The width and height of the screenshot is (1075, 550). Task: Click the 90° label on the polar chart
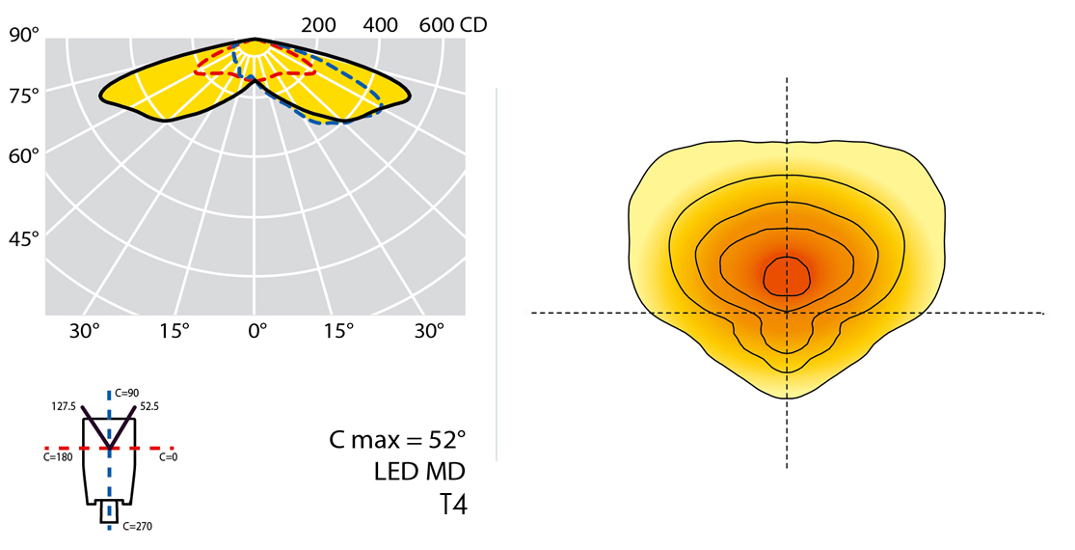point(23,36)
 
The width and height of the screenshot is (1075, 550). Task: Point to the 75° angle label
point(23,95)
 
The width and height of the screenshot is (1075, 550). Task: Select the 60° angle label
point(23,154)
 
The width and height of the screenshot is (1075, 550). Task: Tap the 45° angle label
point(23,237)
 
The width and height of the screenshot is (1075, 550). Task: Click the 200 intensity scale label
point(318,25)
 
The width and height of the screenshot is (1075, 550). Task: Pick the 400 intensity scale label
point(381,25)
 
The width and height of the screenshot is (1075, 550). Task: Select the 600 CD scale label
point(452,25)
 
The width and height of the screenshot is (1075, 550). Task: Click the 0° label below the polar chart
point(256,331)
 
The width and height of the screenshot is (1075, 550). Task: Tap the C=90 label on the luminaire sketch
point(126,393)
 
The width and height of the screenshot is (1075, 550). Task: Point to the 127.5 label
point(65,407)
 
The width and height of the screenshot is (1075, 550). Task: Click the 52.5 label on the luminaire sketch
point(148,407)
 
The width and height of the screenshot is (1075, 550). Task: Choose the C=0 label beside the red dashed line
point(169,457)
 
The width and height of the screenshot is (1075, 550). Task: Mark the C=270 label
point(138,526)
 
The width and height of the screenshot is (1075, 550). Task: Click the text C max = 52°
point(397,441)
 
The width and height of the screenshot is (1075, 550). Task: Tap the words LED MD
point(420,472)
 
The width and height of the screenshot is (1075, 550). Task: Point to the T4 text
point(453,505)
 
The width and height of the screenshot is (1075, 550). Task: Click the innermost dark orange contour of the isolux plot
point(788,276)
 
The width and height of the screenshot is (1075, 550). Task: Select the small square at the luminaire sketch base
point(109,512)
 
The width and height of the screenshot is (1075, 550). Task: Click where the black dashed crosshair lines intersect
point(788,313)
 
